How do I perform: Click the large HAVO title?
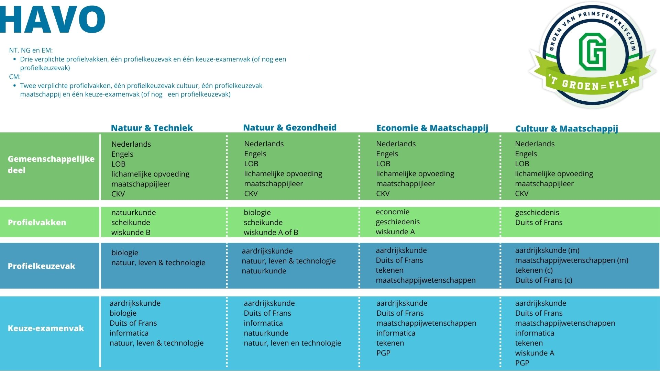coord(52,20)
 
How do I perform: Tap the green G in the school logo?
coord(592,52)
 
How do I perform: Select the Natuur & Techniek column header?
coord(152,128)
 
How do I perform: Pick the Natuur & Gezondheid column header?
coord(290,128)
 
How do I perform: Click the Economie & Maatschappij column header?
coord(432,128)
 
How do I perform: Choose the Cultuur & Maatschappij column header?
coord(566,129)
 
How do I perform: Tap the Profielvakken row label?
coord(37,223)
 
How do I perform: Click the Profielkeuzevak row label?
coord(41,266)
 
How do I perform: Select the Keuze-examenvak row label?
coord(46,328)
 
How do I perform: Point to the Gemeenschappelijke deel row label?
coord(51,165)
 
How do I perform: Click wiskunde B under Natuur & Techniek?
coord(131,233)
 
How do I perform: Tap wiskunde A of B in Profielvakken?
coord(271,233)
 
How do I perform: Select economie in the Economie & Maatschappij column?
coord(393,212)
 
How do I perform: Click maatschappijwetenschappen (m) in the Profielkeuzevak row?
coord(572,260)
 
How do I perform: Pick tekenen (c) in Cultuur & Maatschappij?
coord(534,270)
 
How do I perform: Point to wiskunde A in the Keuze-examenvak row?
coord(535,353)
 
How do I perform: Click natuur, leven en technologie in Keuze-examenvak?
coord(293,343)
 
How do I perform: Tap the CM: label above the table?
coord(15,77)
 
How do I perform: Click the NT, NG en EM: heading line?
coord(31,50)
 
